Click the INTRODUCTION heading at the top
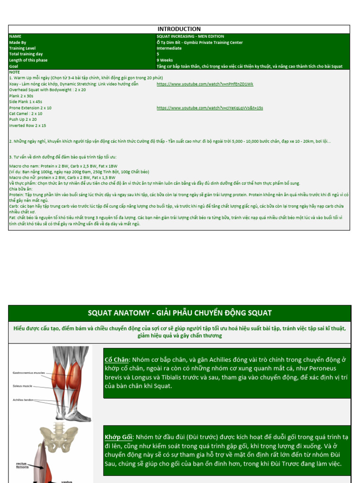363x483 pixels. tap(179, 29)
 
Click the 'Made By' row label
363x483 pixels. tap(18, 42)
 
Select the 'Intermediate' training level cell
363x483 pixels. tap(169, 48)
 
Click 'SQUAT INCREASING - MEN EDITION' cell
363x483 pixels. tap(190, 36)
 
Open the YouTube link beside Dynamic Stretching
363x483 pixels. tap(205, 84)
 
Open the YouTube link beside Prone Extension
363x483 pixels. tap(210, 108)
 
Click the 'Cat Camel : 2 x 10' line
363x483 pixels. tap(26, 114)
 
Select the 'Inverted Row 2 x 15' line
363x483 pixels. tap(27, 126)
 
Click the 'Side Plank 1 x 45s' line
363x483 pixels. tap(26, 102)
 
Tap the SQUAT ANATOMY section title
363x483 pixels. tap(180, 313)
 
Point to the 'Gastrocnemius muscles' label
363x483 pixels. tap(29, 373)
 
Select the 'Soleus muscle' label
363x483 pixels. tap(23, 386)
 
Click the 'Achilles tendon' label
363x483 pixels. tap(23, 400)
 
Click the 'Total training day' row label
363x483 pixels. tap(26, 54)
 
